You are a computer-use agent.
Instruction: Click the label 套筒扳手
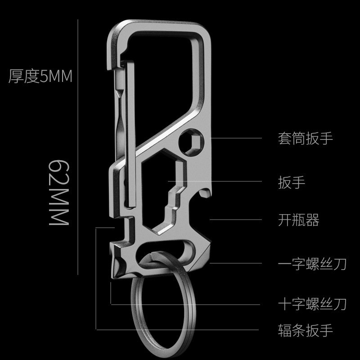pyautogui.click(x=306, y=138)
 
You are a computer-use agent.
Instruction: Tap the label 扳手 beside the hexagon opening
pyautogui.click(x=292, y=182)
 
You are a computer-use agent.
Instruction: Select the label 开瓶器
pyautogui.click(x=299, y=220)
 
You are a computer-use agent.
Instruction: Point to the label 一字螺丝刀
pyautogui.click(x=312, y=263)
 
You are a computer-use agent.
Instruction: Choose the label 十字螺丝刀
pyautogui.click(x=312, y=305)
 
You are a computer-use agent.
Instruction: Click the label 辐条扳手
pyautogui.click(x=306, y=331)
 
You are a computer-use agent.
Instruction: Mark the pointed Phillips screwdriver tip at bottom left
pyautogui.click(x=112, y=270)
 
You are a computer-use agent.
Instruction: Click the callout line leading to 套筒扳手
pyautogui.click(x=238, y=138)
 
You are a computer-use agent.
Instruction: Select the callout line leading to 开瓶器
pyautogui.click(x=238, y=220)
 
